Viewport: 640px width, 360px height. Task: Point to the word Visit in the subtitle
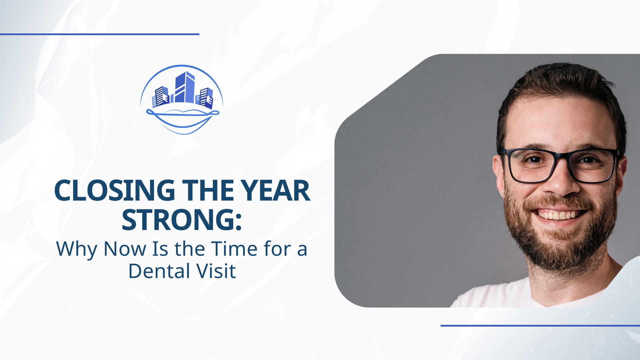pyautogui.click(x=216, y=271)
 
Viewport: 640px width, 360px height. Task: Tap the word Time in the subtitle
pyautogui.click(x=234, y=249)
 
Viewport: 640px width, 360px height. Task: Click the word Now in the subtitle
pyautogui.click(x=125, y=249)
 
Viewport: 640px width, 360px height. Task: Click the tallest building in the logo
pyautogui.click(x=185, y=87)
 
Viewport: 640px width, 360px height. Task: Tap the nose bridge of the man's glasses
pyautogui.click(x=561, y=157)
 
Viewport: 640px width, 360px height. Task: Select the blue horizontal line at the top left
pyautogui.click(x=100, y=34)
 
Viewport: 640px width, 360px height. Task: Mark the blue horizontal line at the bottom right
pyautogui.click(x=540, y=325)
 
